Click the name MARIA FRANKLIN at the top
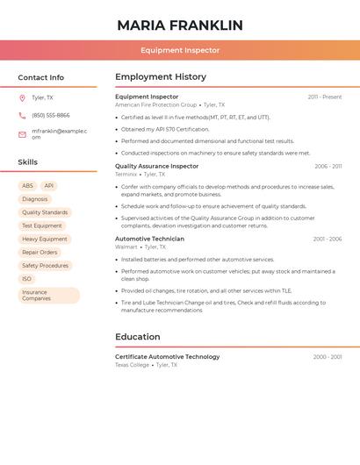click(x=180, y=25)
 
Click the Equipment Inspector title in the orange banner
click(x=180, y=50)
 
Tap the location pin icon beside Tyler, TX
click(x=22, y=97)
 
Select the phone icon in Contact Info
click(x=22, y=115)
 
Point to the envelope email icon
click(x=22, y=134)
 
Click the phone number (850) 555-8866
click(x=51, y=115)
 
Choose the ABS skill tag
click(x=27, y=186)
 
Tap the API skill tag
click(x=49, y=186)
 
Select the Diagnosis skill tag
click(x=35, y=199)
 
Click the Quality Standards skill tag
click(x=45, y=212)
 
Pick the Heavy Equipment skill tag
click(x=45, y=239)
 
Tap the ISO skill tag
click(x=27, y=279)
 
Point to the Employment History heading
click(x=161, y=77)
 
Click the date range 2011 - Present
click(x=324, y=97)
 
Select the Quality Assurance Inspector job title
click(x=157, y=166)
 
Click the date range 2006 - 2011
click(x=328, y=166)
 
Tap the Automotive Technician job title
click(x=150, y=239)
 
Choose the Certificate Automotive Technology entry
click(x=168, y=357)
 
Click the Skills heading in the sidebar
click(x=28, y=162)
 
